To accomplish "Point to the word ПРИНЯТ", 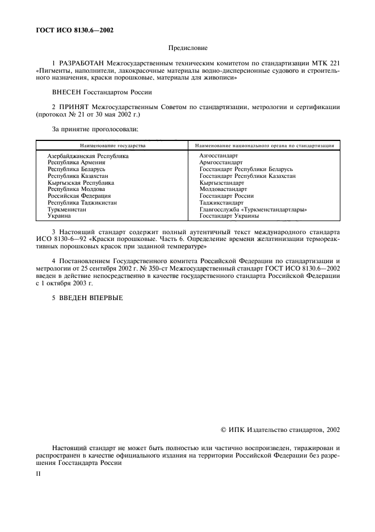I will click(x=71, y=107).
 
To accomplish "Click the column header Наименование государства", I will click(x=112, y=146).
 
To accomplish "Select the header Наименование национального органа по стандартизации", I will click(x=264, y=146).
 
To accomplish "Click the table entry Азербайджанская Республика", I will click(x=88, y=155).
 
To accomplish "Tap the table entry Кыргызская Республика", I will click(x=81, y=182).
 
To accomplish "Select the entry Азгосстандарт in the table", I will click(x=218, y=155).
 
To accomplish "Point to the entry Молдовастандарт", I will click(x=223, y=189).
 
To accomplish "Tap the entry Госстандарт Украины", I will click(x=229, y=216).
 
